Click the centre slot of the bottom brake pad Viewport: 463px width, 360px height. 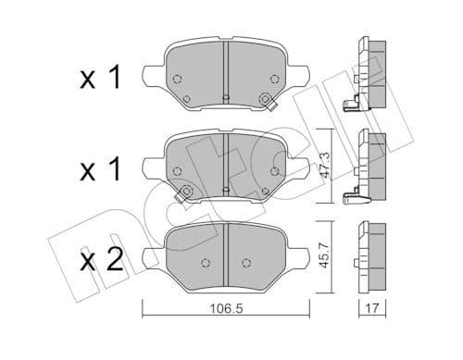click(226, 250)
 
